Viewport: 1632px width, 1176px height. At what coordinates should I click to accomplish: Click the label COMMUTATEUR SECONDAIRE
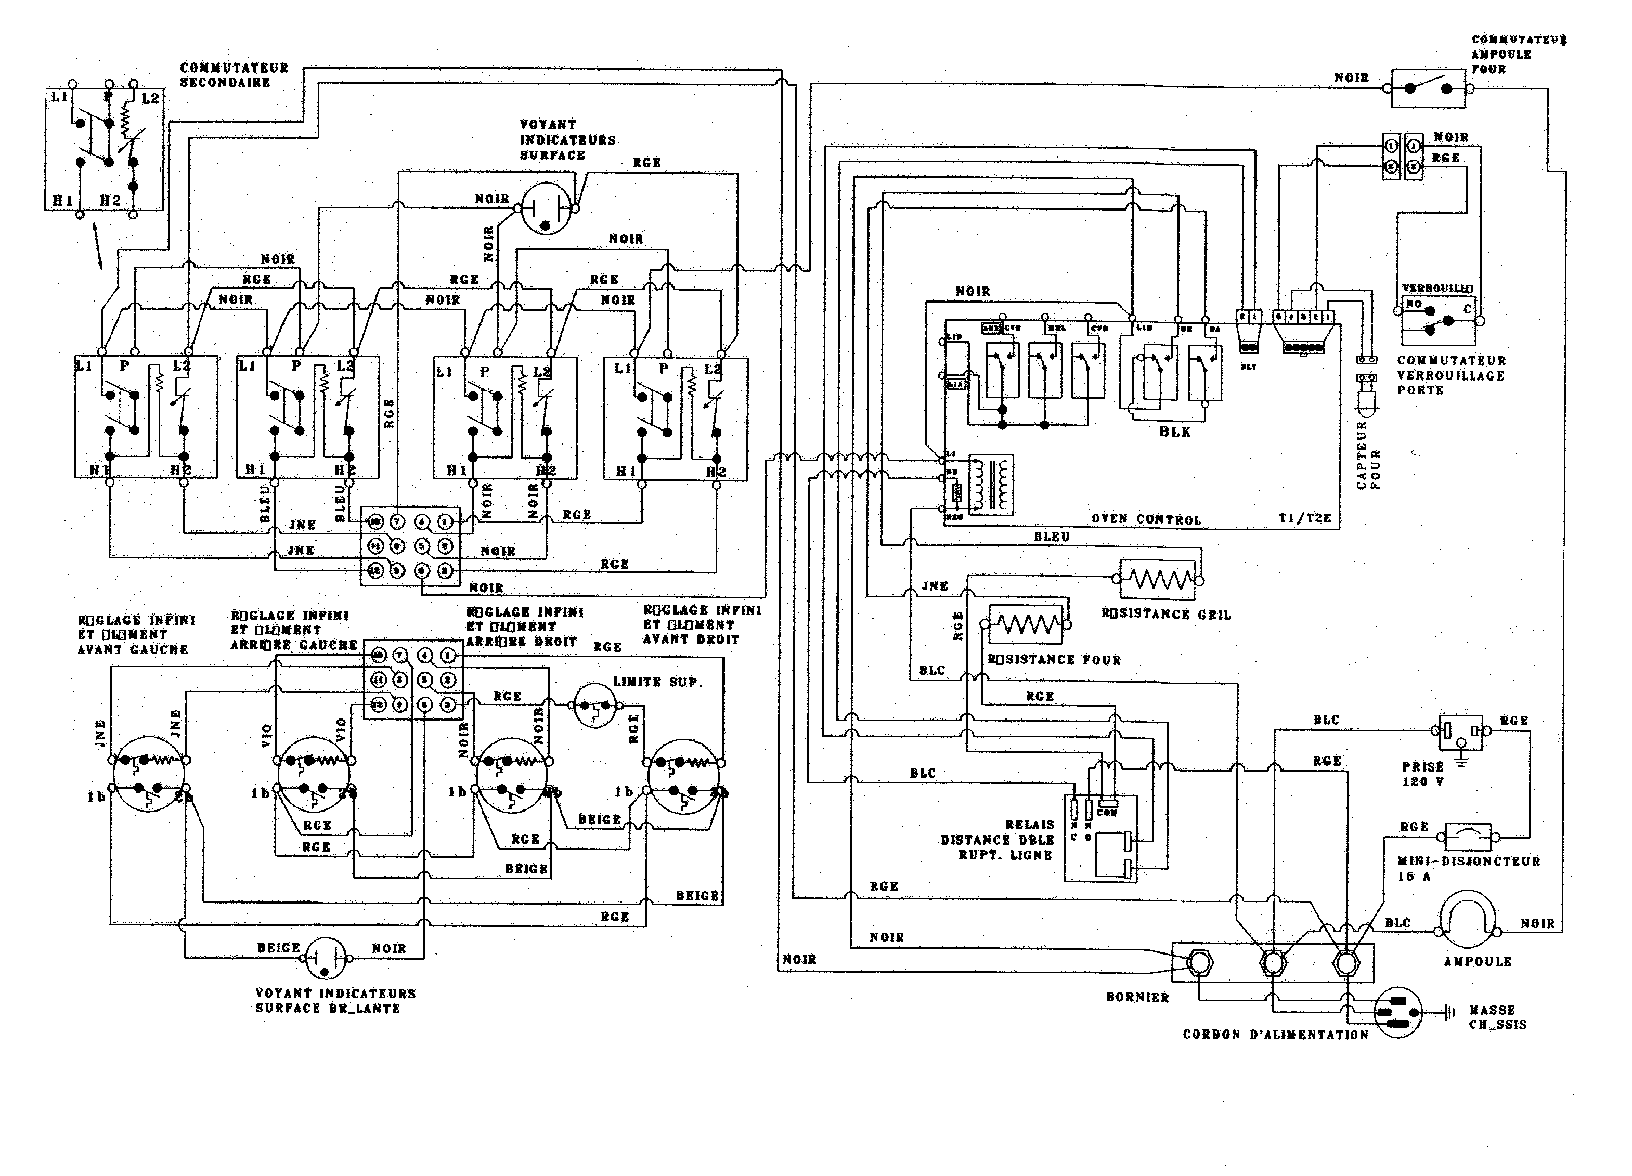pos(234,75)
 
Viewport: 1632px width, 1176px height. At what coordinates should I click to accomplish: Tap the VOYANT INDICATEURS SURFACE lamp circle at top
pos(546,208)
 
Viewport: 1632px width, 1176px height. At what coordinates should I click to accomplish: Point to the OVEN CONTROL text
pos(1146,519)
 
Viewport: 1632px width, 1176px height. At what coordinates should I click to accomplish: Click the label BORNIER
pos(1137,998)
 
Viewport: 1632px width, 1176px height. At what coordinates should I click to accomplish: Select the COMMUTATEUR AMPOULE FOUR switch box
pos(1428,88)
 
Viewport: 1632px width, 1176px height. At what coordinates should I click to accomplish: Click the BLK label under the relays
pos(1174,432)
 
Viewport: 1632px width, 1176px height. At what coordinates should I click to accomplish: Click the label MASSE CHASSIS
pos(1497,1017)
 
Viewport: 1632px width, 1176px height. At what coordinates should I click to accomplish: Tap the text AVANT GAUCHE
pos(133,649)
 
